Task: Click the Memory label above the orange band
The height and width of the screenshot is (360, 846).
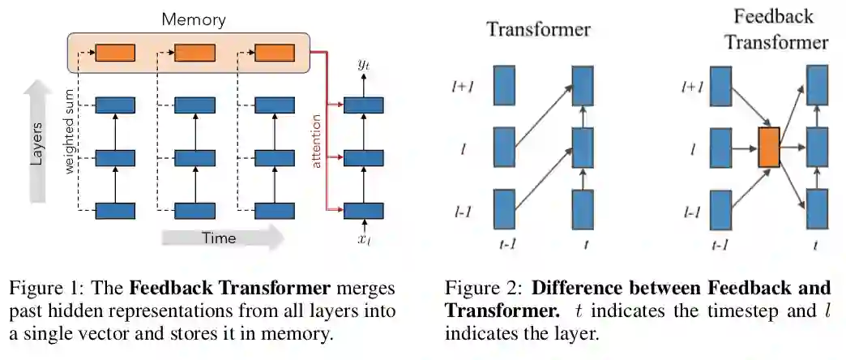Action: pyautogui.click(x=193, y=18)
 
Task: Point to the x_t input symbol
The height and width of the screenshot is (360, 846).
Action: pyautogui.click(x=363, y=239)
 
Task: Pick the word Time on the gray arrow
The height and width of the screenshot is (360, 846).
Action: pyautogui.click(x=219, y=238)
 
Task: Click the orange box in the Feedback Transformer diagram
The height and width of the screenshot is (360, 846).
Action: pyautogui.click(x=769, y=147)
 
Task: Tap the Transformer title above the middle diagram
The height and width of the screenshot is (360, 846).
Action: pyautogui.click(x=538, y=31)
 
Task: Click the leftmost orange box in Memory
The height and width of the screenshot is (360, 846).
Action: pyautogui.click(x=115, y=54)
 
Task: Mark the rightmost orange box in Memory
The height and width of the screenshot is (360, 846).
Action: pyautogui.click(x=276, y=54)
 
